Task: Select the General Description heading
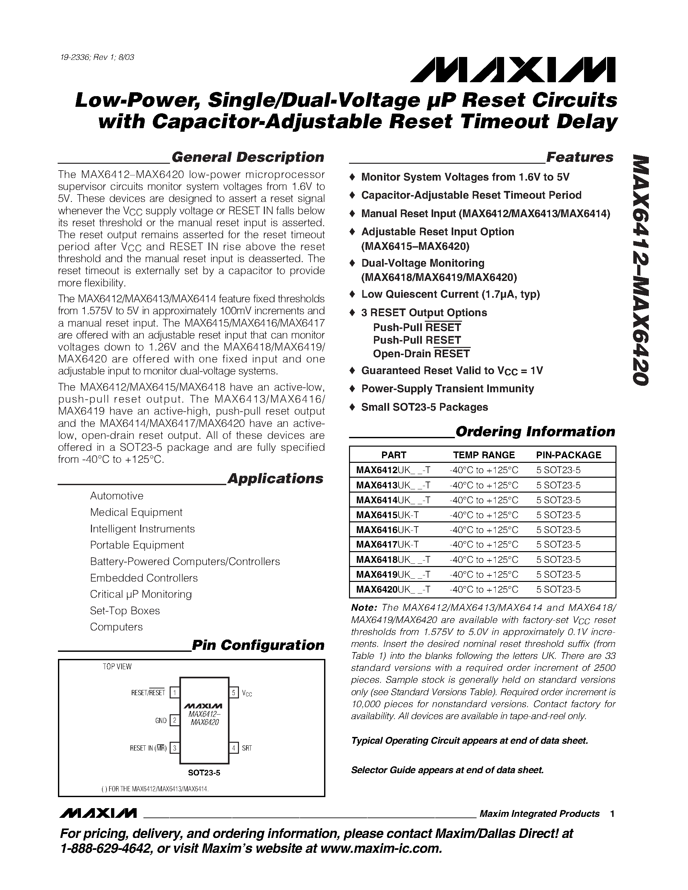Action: [248, 157]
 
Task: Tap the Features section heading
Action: [579, 157]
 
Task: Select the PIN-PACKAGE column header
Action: [569, 455]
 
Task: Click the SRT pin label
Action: [247, 748]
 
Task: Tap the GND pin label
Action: [161, 720]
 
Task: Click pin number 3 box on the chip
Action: [175, 748]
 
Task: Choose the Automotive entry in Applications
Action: [117, 496]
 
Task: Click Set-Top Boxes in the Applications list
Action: [125, 610]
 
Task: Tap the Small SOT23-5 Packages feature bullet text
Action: [424, 407]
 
